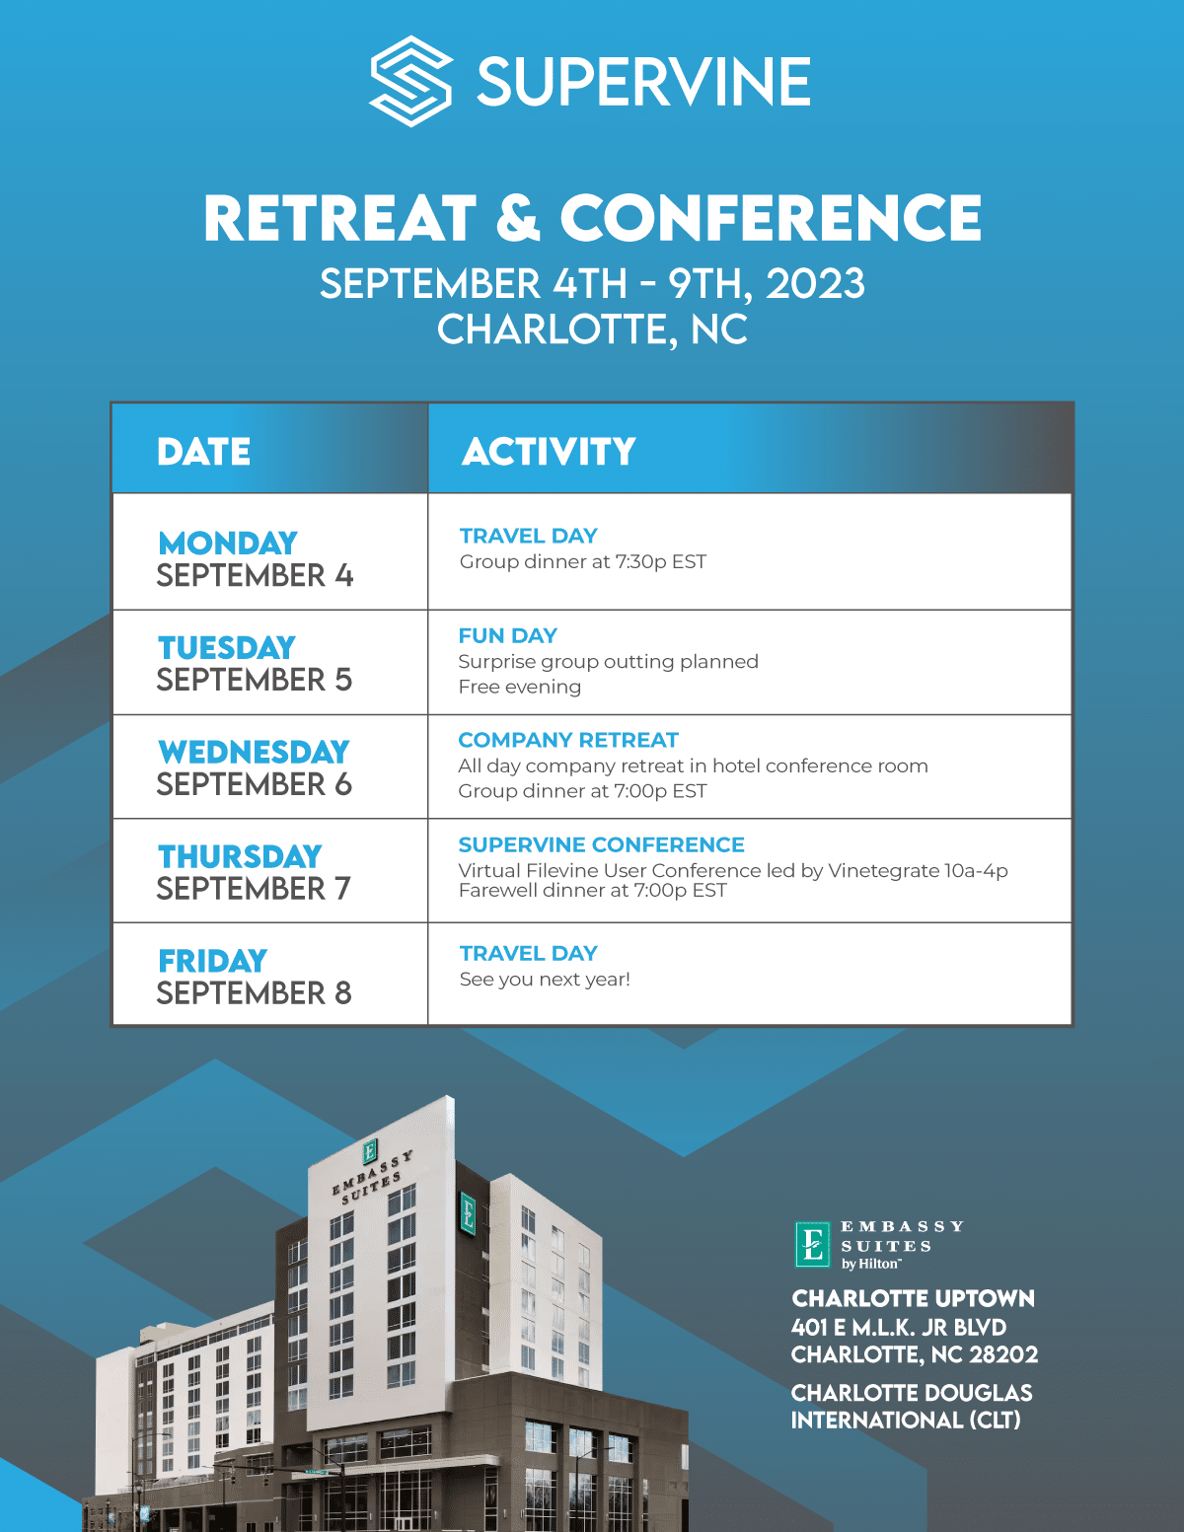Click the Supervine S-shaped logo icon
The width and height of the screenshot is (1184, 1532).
411,81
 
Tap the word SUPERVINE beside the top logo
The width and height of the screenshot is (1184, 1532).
644,82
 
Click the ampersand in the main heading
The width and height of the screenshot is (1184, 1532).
518,218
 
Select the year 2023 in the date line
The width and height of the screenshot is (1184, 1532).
815,283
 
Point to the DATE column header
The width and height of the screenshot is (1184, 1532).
203,451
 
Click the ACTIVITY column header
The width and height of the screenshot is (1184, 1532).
549,451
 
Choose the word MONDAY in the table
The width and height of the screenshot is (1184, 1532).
228,543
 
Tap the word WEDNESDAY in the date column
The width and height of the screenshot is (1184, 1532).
254,752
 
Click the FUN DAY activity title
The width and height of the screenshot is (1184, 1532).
508,635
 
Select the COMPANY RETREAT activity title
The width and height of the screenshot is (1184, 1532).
568,740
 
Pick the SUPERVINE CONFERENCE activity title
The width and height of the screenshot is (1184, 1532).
602,843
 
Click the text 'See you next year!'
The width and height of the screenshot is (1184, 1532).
545,980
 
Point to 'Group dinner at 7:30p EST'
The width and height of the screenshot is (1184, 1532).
582,562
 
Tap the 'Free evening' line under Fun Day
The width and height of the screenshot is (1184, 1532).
520,687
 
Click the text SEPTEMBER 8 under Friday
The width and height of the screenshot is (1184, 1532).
254,993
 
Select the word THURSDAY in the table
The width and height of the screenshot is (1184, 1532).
240,856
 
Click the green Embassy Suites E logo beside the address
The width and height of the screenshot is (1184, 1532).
812,1244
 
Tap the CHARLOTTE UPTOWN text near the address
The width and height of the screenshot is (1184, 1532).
914,1298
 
